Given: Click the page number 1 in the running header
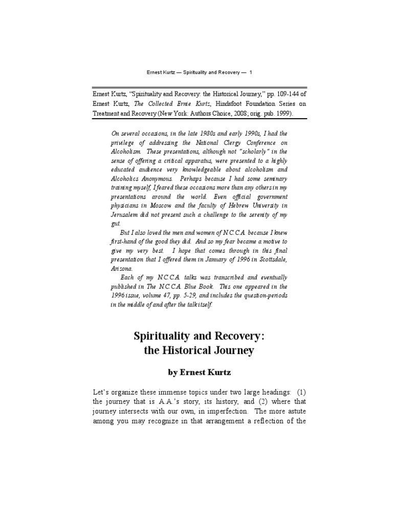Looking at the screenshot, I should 251,73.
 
